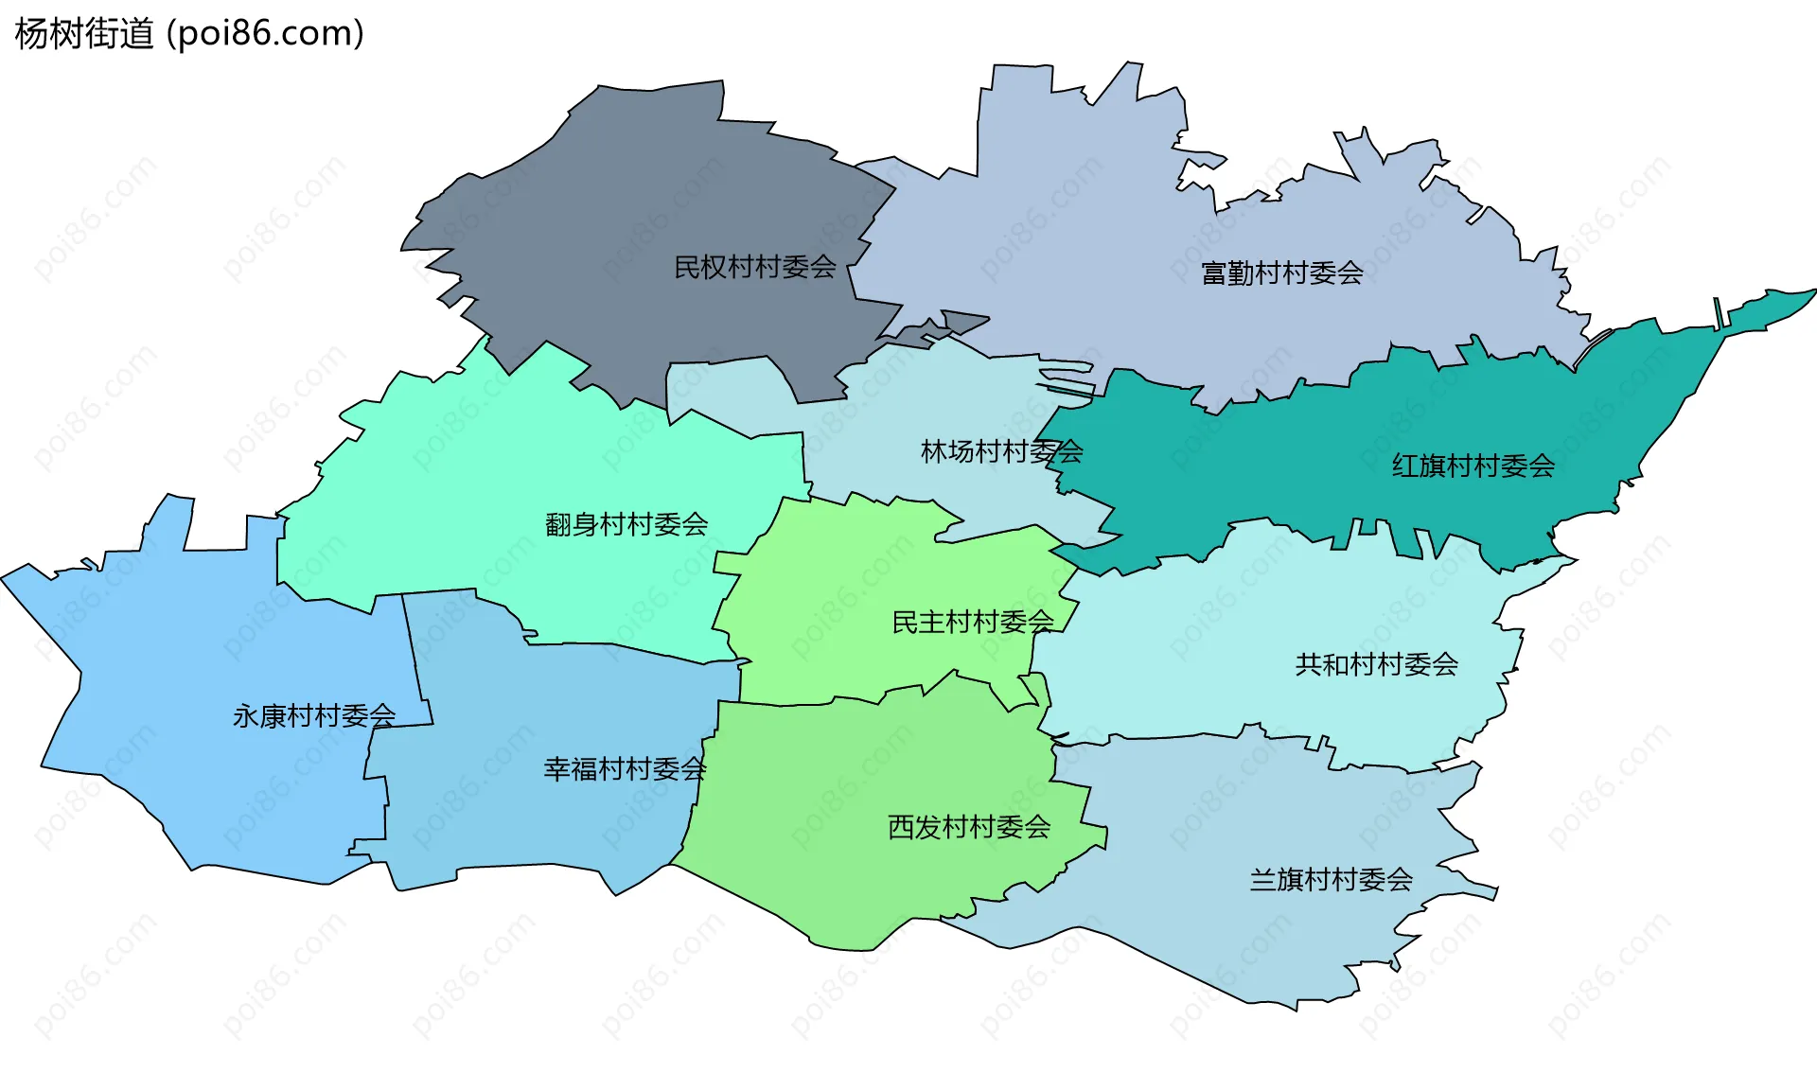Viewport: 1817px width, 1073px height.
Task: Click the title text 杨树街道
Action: point(84,34)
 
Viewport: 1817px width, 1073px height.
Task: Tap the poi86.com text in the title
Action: point(265,34)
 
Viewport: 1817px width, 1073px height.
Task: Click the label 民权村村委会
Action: point(754,268)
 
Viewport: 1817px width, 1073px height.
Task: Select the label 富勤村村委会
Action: point(1281,273)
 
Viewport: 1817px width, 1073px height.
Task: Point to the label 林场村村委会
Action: point(1001,452)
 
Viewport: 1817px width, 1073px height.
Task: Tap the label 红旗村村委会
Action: point(1473,466)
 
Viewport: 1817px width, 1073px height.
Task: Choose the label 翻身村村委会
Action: point(626,524)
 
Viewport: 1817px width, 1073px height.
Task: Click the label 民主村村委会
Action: point(972,623)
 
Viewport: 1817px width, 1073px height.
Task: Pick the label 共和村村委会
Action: point(1376,665)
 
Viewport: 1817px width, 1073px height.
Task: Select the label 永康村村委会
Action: point(314,716)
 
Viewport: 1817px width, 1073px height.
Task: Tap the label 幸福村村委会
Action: point(625,769)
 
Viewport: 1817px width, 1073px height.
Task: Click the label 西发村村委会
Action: point(969,828)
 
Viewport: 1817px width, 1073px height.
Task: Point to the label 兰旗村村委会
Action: point(1331,880)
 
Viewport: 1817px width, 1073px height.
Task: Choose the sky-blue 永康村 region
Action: point(189,662)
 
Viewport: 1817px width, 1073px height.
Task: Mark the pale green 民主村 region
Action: point(852,587)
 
